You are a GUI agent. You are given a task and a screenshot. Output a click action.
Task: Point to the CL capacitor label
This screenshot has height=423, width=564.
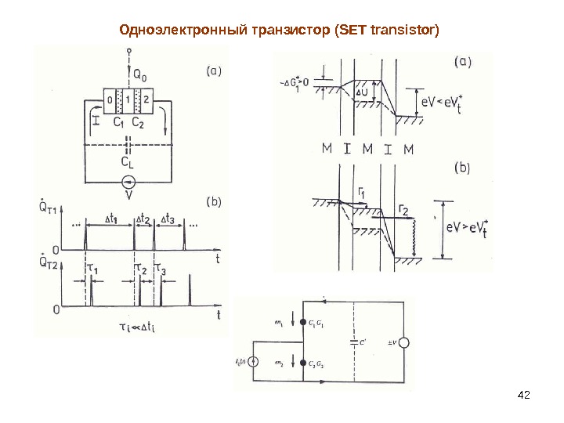[128, 161]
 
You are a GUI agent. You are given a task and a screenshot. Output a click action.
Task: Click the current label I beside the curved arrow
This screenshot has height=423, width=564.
[95, 121]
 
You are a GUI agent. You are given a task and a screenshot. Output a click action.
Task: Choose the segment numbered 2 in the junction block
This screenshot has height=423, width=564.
[146, 101]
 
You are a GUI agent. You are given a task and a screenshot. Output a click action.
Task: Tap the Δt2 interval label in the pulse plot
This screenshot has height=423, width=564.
[143, 220]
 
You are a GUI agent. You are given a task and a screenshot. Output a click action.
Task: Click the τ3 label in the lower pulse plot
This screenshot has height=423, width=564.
[160, 269]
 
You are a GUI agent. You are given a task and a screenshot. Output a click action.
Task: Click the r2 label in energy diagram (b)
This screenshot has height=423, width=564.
[404, 208]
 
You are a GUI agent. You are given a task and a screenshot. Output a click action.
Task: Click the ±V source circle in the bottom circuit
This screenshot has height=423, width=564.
[404, 343]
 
